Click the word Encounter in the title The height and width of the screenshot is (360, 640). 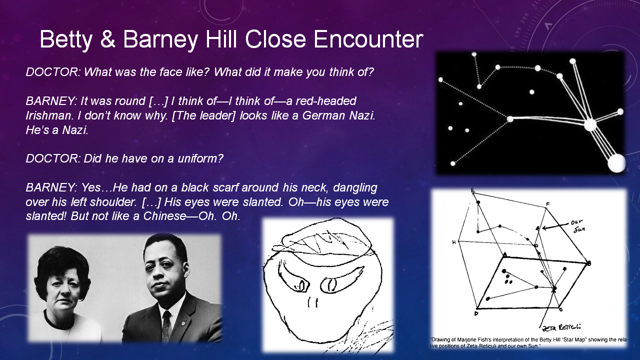click(368, 39)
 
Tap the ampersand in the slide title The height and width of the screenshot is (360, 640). click(107, 39)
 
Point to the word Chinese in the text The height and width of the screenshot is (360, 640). click(164, 216)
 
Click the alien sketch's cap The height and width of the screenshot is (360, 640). click(321, 239)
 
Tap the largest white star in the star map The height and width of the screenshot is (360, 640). click(616, 163)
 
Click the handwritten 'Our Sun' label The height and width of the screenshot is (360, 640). click(577, 225)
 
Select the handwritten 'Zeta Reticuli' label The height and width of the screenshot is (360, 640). click(561, 327)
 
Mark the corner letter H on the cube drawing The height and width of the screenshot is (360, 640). click(453, 242)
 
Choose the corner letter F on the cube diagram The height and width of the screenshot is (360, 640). click(547, 204)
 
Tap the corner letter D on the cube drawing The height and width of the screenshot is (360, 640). click(476, 313)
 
